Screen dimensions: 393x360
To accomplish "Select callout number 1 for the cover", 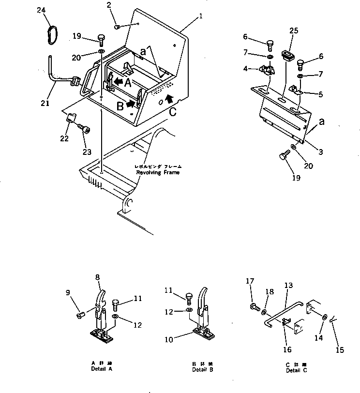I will click(200, 15).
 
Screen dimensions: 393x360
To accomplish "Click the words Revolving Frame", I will click(157, 172).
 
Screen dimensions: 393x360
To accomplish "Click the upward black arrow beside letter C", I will click(168, 100).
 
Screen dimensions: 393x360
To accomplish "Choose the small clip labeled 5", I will click(296, 89).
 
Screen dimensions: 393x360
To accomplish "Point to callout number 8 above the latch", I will click(98, 277).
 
